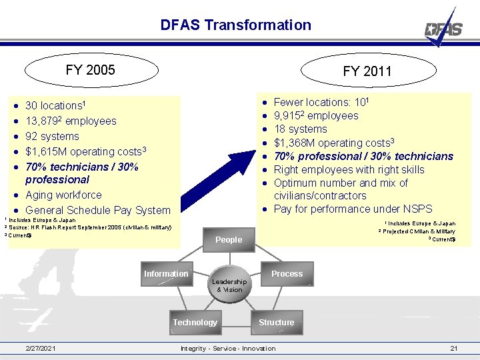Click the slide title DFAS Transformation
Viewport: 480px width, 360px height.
(x=235, y=25)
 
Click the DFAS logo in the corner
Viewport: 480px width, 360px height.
(x=445, y=28)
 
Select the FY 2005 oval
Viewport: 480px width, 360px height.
(x=90, y=70)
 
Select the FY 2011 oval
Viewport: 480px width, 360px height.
(x=367, y=71)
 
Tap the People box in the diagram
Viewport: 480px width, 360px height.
(x=229, y=240)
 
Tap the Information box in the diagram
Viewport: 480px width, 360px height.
(x=166, y=274)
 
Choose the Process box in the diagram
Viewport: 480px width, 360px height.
(x=287, y=274)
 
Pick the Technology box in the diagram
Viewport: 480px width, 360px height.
(x=195, y=323)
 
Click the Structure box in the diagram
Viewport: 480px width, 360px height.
(x=276, y=323)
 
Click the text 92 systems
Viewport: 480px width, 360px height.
(x=52, y=137)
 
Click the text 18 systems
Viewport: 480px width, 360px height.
(x=300, y=129)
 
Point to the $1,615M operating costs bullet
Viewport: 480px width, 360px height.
(x=85, y=152)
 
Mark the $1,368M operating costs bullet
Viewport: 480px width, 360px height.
(x=335, y=143)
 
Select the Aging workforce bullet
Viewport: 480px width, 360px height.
(x=63, y=195)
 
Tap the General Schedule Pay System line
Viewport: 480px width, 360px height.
(x=97, y=211)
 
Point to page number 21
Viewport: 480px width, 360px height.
(x=453, y=349)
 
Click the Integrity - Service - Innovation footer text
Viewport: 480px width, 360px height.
(x=228, y=349)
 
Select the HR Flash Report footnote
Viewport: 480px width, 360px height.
(x=90, y=228)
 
